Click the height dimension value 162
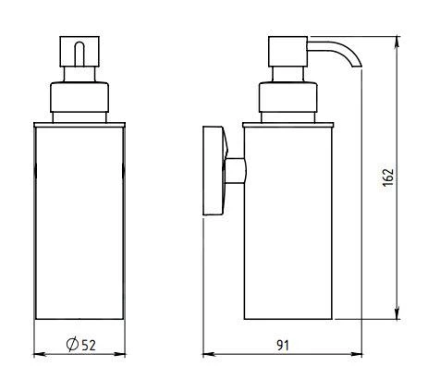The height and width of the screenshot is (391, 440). coord(389,176)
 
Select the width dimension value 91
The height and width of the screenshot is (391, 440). coord(283,345)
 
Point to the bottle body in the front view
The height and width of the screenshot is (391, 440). coord(78,222)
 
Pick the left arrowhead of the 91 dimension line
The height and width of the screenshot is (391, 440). coord(208,354)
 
